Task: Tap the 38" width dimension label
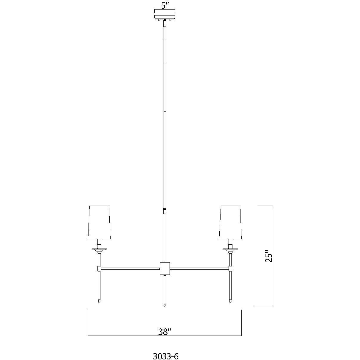coord(165,331)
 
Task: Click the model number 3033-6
coord(165,356)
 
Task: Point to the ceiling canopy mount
coord(165,15)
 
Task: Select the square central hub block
coord(165,268)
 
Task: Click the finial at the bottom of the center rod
coord(165,305)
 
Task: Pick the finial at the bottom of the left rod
coord(99,302)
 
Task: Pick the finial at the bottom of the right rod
coord(230,302)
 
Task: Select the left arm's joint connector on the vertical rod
coord(99,269)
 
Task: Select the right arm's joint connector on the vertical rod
coord(230,269)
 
